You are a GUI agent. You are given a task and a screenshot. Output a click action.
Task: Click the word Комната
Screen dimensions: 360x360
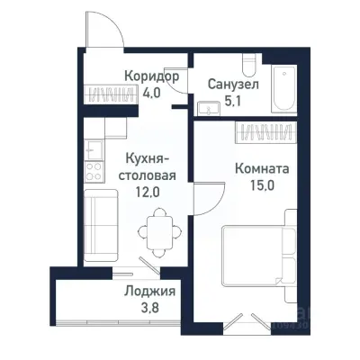(261, 168)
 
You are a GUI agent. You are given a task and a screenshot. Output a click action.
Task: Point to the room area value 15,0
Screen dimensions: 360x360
(261, 185)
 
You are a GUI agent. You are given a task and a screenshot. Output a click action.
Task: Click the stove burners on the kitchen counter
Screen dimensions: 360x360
(92, 167)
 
